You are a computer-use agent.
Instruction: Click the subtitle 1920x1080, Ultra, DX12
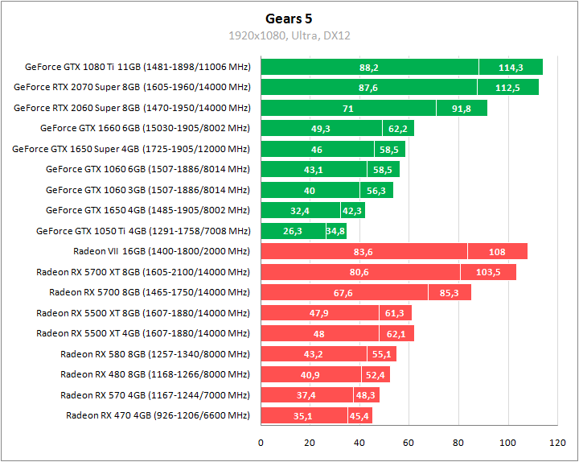click(289, 35)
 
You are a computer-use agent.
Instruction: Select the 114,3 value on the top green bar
click(511, 68)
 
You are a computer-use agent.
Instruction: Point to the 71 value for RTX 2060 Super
click(348, 108)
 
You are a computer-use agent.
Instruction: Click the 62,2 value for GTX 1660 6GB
click(398, 128)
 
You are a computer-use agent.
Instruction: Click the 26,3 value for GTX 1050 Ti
click(293, 232)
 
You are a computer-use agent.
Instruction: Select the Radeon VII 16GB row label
click(162, 251)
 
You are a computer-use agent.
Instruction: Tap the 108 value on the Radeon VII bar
click(497, 252)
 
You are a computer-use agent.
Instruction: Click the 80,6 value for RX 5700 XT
click(359, 272)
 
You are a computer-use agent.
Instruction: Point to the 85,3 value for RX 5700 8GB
click(450, 293)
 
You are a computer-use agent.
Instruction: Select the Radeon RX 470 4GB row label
click(158, 415)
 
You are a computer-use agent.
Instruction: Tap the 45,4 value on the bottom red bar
click(359, 416)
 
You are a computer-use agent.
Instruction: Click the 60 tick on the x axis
click(409, 443)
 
